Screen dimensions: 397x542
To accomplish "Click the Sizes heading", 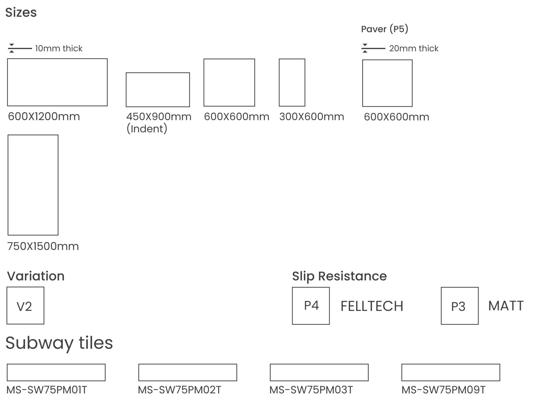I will (x=21, y=13).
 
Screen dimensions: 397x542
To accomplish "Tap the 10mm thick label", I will (x=59, y=48).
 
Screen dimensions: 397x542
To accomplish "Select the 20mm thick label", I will (x=413, y=48).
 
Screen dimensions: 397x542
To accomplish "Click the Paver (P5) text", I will (x=384, y=29).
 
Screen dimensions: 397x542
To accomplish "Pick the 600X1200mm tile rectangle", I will (x=57, y=82).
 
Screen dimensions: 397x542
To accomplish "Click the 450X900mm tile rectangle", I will (x=158, y=90).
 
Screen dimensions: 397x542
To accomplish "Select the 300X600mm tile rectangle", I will (x=292, y=83).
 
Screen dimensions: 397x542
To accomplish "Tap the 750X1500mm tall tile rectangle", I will (x=33, y=185).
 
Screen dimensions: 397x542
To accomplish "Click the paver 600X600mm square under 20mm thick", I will (x=387, y=83).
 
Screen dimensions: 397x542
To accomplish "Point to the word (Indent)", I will (x=147, y=129).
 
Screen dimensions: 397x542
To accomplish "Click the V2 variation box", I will (x=25, y=305).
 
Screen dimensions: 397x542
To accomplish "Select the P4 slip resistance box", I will (x=311, y=306).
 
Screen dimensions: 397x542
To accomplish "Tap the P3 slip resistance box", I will (x=459, y=306).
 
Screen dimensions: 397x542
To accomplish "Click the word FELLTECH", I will (x=372, y=306).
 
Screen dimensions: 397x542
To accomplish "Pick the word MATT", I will (x=506, y=306).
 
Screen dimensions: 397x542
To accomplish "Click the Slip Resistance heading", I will (x=339, y=276).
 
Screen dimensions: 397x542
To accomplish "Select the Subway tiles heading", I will (x=59, y=343).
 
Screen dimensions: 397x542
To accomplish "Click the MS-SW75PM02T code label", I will (x=179, y=390).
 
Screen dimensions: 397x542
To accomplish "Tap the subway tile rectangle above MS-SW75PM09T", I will (x=451, y=372).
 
